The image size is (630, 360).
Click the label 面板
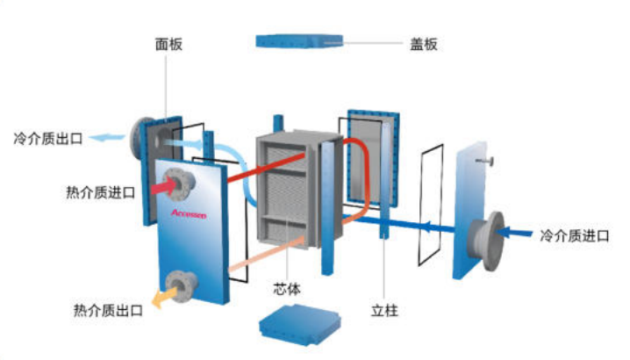[x=168, y=44]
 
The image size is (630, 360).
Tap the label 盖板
[x=424, y=44]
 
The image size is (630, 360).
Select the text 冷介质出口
[x=48, y=139]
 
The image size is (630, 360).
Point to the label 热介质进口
[x=100, y=192]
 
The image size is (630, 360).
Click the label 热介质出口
[x=108, y=310]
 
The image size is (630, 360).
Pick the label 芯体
[x=286, y=289]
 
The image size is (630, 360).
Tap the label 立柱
[x=384, y=310]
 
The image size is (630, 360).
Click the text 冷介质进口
[x=575, y=235]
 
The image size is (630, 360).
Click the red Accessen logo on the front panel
[x=189, y=213]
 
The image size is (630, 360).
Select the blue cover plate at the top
[x=299, y=41]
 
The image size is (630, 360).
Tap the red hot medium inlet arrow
[x=164, y=187]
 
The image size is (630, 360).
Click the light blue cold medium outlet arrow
[x=107, y=138]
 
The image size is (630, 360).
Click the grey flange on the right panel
[x=487, y=241]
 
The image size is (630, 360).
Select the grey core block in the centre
[x=299, y=188]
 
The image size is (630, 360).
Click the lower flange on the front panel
[x=182, y=285]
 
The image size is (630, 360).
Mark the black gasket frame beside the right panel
[x=431, y=205]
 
